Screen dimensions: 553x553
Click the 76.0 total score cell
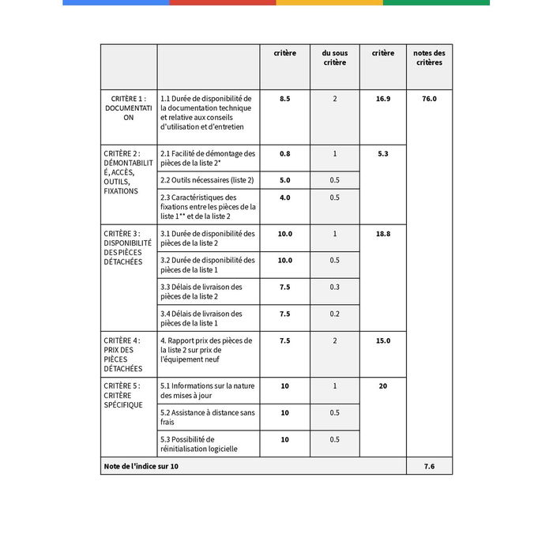point(429,99)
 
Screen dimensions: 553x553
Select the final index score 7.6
point(429,466)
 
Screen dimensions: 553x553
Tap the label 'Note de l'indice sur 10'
point(141,466)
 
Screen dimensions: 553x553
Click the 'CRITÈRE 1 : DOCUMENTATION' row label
point(128,107)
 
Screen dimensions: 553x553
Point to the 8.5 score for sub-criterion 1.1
point(284,99)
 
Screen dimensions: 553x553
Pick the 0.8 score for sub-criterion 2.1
point(284,153)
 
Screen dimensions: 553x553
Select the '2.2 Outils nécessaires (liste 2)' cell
point(207,180)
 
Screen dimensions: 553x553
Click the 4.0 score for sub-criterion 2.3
point(284,197)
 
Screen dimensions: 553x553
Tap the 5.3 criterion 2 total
point(382,153)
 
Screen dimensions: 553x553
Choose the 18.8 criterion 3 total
point(382,234)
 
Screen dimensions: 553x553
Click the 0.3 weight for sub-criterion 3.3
point(334,287)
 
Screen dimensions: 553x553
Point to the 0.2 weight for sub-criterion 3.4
point(334,314)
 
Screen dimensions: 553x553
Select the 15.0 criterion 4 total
point(382,340)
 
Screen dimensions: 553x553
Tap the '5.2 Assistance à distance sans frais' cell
point(207,417)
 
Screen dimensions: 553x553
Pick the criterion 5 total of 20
point(382,386)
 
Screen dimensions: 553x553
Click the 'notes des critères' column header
point(429,58)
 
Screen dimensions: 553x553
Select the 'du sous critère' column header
point(334,58)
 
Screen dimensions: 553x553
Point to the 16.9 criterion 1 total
point(382,99)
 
